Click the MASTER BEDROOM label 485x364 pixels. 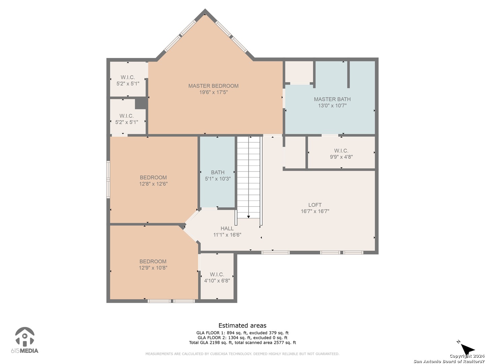[213, 86]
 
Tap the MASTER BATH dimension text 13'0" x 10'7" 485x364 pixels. [332, 105]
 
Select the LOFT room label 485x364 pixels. [315, 205]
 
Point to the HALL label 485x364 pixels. [227, 228]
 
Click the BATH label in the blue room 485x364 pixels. [218, 172]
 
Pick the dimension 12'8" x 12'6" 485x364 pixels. [153, 184]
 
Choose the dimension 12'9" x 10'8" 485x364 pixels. [153, 268]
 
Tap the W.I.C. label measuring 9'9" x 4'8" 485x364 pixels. [341, 151]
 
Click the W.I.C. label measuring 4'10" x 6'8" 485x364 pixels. [217, 274]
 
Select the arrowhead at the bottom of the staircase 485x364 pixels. [248, 217]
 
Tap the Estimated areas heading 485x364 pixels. [243, 325]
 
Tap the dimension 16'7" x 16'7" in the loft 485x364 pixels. [315, 211]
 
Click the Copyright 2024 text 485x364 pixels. [467, 356]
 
